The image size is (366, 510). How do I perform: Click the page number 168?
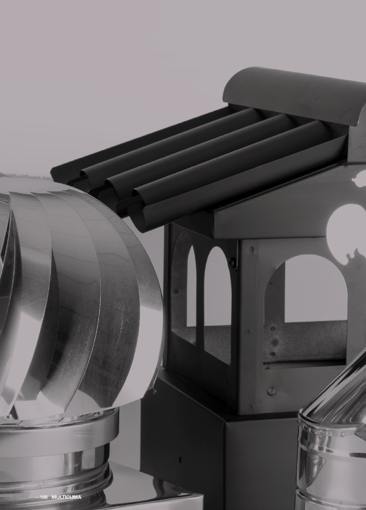click(43, 497)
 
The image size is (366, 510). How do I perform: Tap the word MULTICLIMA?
click(66, 497)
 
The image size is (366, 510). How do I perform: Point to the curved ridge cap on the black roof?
click(293, 94)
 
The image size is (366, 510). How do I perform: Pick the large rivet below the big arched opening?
click(271, 391)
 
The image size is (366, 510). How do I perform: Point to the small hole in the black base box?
click(180, 460)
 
